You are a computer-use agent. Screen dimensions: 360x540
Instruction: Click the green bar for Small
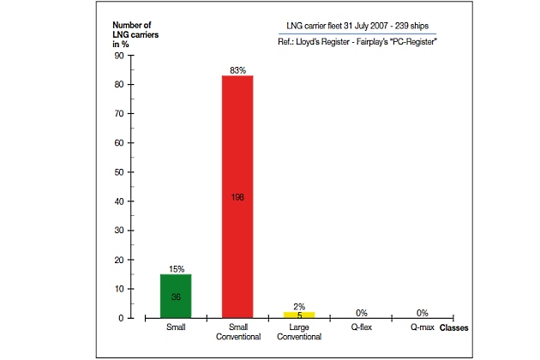pos(175,297)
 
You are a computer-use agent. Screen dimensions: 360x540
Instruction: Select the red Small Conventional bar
pos(237,196)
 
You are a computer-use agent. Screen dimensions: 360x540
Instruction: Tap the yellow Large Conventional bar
pos(299,315)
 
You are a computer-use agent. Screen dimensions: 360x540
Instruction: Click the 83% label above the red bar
pos(237,69)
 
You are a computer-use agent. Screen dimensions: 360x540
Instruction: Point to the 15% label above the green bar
pos(175,268)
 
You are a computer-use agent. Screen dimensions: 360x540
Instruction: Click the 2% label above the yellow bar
pos(299,306)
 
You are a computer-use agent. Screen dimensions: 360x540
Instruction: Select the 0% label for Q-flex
pos(361,313)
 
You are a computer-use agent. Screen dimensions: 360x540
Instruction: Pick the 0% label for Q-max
pos(423,313)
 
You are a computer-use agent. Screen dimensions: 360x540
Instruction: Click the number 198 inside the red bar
pos(237,197)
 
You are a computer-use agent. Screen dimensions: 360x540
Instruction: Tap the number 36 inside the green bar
pos(175,297)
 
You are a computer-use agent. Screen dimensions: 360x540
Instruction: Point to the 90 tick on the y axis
pos(119,56)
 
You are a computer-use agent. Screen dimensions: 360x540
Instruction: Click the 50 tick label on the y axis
pos(119,172)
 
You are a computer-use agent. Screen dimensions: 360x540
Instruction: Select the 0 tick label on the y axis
pos(122,318)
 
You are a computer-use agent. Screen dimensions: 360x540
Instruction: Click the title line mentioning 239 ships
pos(361,24)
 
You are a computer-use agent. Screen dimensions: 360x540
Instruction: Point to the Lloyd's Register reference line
pos(361,41)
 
